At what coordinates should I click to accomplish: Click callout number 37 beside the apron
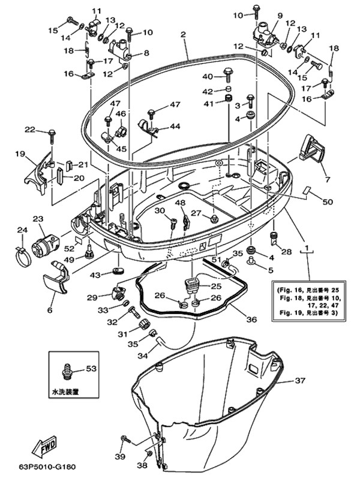tap(300, 380)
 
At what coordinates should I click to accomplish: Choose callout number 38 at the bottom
tap(142, 465)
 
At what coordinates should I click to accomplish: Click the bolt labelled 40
tap(228, 74)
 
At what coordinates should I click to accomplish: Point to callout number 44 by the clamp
tap(175, 126)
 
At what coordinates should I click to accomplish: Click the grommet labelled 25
tap(192, 285)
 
